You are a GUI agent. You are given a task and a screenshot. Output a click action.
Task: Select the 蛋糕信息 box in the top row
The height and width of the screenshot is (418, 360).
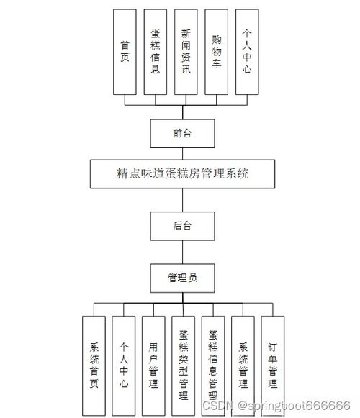(x=156, y=52)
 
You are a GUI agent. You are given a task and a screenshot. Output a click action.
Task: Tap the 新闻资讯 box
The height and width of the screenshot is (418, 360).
(x=186, y=52)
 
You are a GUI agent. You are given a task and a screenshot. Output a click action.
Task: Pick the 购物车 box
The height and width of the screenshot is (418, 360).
(x=217, y=52)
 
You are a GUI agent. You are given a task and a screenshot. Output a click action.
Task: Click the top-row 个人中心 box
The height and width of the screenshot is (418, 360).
(x=247, y=52)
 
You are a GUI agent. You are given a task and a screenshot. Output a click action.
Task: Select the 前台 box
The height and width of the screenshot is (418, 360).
(x=183, y=133)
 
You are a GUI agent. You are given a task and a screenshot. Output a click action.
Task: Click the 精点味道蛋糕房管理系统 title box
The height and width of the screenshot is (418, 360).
(x=183, y=173)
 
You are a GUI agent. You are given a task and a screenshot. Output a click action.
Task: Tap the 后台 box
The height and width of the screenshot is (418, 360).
(x=183, y=225)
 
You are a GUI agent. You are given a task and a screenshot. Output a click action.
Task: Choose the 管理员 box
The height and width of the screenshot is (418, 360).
(x=183, y=277)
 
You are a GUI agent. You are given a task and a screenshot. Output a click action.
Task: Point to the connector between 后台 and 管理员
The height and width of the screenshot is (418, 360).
(x=183, y=251)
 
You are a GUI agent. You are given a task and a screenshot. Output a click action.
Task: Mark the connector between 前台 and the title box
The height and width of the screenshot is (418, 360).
(x=183, y=153)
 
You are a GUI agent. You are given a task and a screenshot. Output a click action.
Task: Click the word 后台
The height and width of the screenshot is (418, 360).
(x=183, y=225)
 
